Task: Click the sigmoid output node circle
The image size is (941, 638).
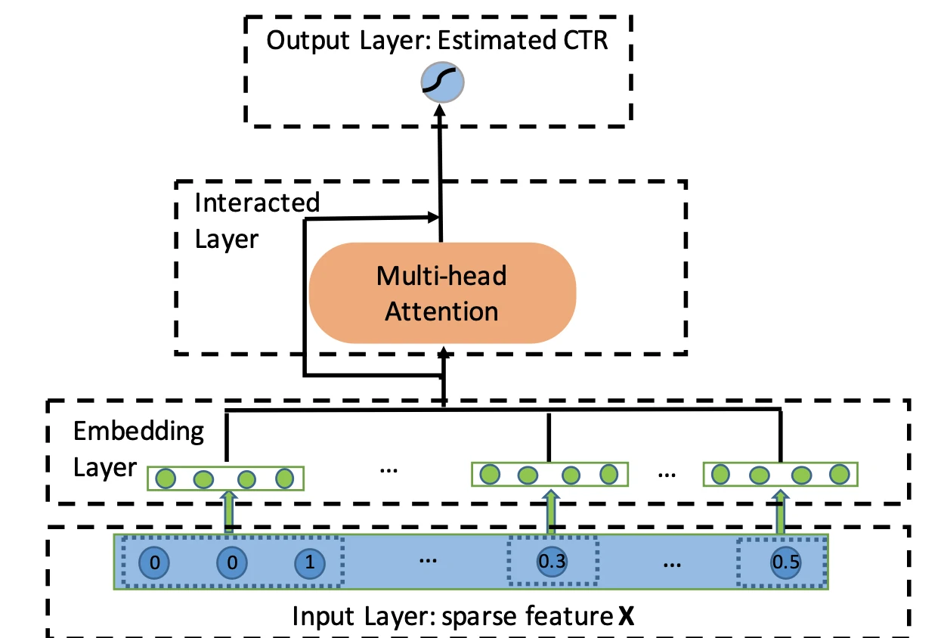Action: pyautogui.click(x=441, y=84)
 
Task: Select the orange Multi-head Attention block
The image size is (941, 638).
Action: pyautogui.click(x=442, y=293)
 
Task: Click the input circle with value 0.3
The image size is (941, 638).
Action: pyautogui.click(x=552, y=562)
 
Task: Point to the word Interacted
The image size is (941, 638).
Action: pyautogui.click(x=257, y=203)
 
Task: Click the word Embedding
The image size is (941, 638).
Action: pyautogui.click(x=138, y=432)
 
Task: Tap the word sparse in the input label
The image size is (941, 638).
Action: pyautogui.click(x=481, y=618)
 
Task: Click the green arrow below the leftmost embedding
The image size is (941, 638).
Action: pyautogui.click(x=227, y=512)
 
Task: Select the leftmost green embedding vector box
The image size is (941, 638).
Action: pyautogui.click(x=225, y=478)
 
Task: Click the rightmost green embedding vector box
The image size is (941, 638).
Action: pyautogui.click(x=781, y=475)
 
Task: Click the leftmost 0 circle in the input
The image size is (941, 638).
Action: pyautogui.click(x=153, y=562)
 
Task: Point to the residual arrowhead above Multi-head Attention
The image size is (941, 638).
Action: pyautogui.click(x=434, y=218)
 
